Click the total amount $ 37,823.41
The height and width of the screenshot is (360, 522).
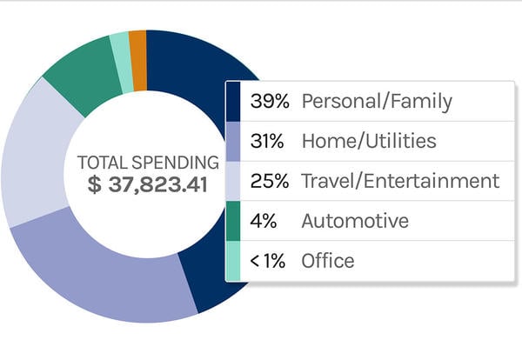coord(148,184)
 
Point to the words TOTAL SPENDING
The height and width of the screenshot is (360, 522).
coord(148,163)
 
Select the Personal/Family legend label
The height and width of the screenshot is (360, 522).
coord(377,102)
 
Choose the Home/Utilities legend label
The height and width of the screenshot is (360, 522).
coord(369,141)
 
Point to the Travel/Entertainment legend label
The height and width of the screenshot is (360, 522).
coord(400,181)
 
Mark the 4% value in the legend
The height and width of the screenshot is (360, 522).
coord(262,221)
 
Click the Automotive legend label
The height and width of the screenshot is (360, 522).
coord(354,221)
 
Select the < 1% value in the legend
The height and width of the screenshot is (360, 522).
coord(267,261)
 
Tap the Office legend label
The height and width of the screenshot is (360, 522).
coord(327,261)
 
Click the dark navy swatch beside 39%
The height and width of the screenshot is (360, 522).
coord(233,102)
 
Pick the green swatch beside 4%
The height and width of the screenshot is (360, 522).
coord(233,221)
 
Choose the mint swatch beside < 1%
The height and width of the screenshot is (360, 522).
coord(233,261)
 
